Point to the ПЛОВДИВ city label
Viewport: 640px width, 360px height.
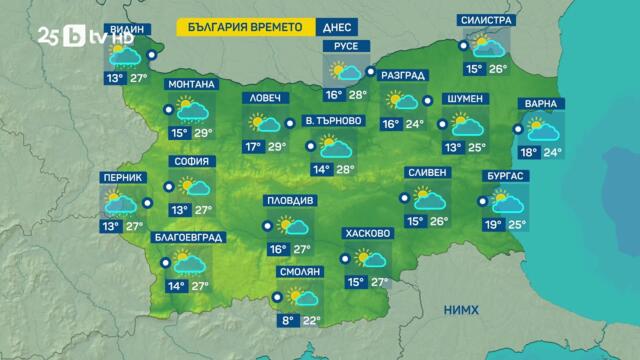(x=290, y=200)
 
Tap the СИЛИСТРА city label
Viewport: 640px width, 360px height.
(x=487, y=20)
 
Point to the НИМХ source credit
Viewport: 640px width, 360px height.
(x=463, y=310)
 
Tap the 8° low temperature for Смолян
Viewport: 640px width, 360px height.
(x=288, y=320)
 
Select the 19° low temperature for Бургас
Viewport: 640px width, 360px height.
(x=492, y=224)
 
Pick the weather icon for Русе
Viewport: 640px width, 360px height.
(x=346, y=71)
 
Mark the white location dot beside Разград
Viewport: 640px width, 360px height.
(x=370, y=72)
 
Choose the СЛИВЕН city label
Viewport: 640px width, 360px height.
(x=427, y=172)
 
